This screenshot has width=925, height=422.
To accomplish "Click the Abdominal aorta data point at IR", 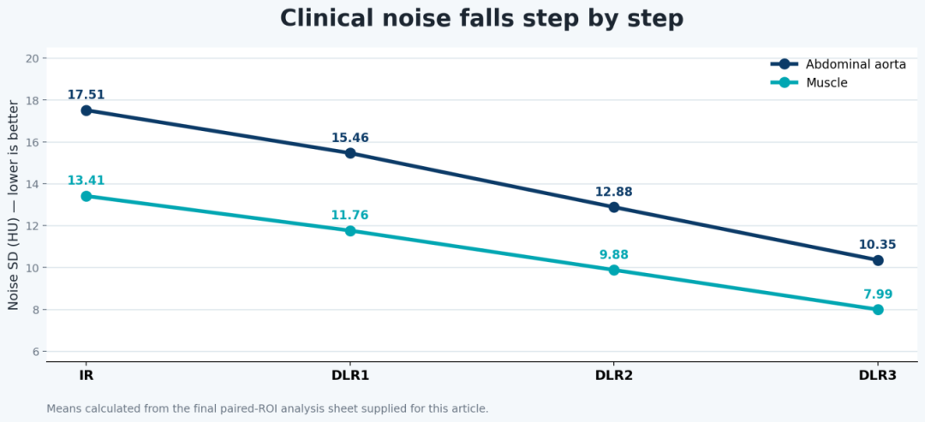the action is coord(87,110).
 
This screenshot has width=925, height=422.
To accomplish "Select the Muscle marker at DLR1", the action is coord(350,230).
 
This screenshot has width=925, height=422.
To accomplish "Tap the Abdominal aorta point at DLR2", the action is coord(614,207).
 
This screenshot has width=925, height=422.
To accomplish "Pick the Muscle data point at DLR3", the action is coord(878,309).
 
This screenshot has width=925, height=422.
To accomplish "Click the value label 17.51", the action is coord(87,95).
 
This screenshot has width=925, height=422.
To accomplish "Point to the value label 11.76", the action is coord(349,215).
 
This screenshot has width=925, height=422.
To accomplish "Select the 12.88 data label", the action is coord(614,192).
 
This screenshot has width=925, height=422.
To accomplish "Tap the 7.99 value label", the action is coord(879,294).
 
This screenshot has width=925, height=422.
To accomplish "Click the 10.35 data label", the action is coord(878,245).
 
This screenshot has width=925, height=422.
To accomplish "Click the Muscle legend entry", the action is coord(809,82).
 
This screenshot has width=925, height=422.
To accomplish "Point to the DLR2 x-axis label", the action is coord(614,376).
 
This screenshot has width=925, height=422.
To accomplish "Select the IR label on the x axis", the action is coord(87,376).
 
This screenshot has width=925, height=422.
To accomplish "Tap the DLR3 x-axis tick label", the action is coord(878,376).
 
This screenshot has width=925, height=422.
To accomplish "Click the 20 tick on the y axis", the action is coord(33,58).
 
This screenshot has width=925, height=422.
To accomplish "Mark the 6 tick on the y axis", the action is coord(36,352).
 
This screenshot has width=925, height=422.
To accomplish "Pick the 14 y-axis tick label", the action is coord(33,184).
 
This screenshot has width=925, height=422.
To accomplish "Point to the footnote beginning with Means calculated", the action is coord(267,407).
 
